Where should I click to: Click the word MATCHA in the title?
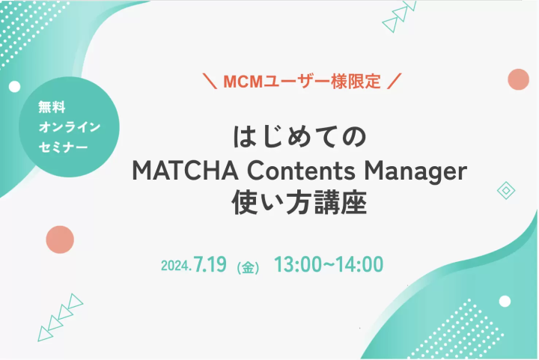186,171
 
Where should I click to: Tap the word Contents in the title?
302,171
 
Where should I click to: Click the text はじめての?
299,137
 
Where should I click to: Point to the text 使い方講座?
299,203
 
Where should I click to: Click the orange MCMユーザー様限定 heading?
302,82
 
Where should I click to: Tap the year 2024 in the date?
174,266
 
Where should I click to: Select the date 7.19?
210,264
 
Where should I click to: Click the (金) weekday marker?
248,268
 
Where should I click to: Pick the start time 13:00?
298,264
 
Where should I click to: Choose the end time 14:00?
359,264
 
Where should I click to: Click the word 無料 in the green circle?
52,107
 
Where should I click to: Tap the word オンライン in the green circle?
69,127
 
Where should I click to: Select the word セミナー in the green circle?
63,147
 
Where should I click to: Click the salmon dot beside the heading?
518,79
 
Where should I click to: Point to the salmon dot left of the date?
60,240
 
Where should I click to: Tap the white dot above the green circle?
14,87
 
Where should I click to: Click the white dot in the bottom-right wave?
505,302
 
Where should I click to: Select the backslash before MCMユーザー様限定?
210,81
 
